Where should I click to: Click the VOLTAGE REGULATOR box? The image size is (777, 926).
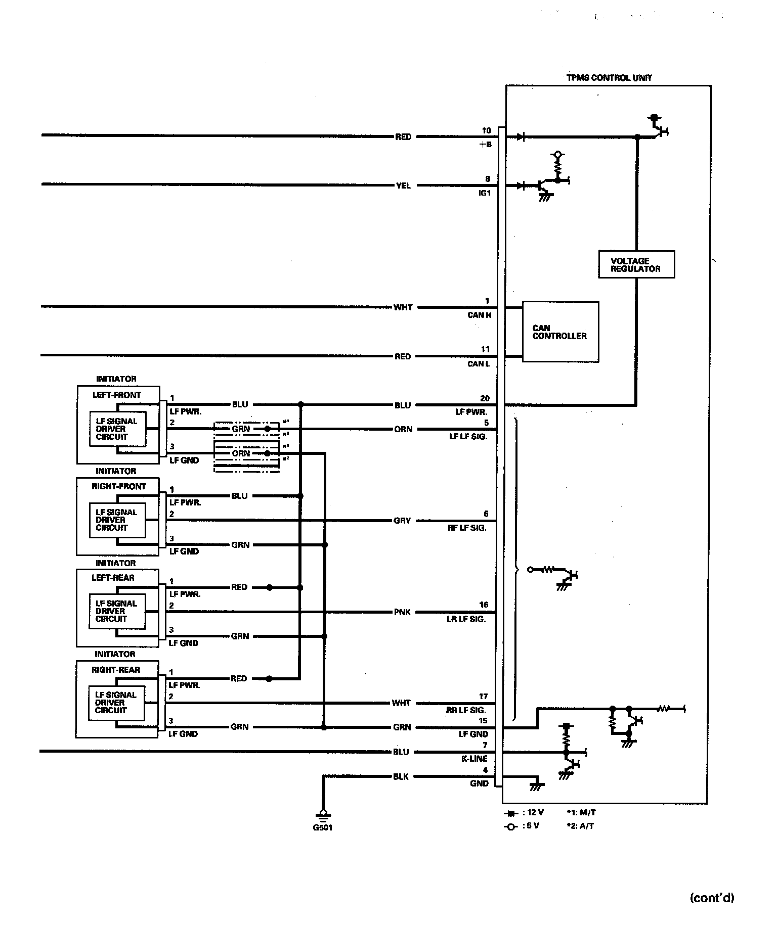[636, 264]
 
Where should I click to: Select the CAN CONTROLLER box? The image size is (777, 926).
[560, 332]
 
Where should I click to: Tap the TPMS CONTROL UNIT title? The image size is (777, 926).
[609, 78]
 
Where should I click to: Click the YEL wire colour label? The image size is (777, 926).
[403, 186]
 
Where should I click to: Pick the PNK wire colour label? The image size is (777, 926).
[402, 612]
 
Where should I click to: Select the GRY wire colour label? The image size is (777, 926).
[402, 520]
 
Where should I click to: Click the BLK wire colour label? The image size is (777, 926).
[401, 776]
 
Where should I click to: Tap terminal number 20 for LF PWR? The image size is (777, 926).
[485, 398]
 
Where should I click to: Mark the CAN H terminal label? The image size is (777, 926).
[479, 315]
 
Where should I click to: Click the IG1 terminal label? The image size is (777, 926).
[484, 193]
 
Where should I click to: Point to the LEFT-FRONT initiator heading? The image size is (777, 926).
[117, 395]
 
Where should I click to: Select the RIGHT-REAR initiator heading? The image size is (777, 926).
[116, 670]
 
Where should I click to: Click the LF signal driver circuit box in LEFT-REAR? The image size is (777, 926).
[116, 611]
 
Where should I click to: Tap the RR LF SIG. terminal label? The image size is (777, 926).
[465, 710]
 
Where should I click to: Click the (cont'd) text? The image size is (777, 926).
[711, 898]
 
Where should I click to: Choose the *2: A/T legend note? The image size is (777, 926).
[580, 826]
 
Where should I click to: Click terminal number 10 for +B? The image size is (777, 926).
[486, 130]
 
